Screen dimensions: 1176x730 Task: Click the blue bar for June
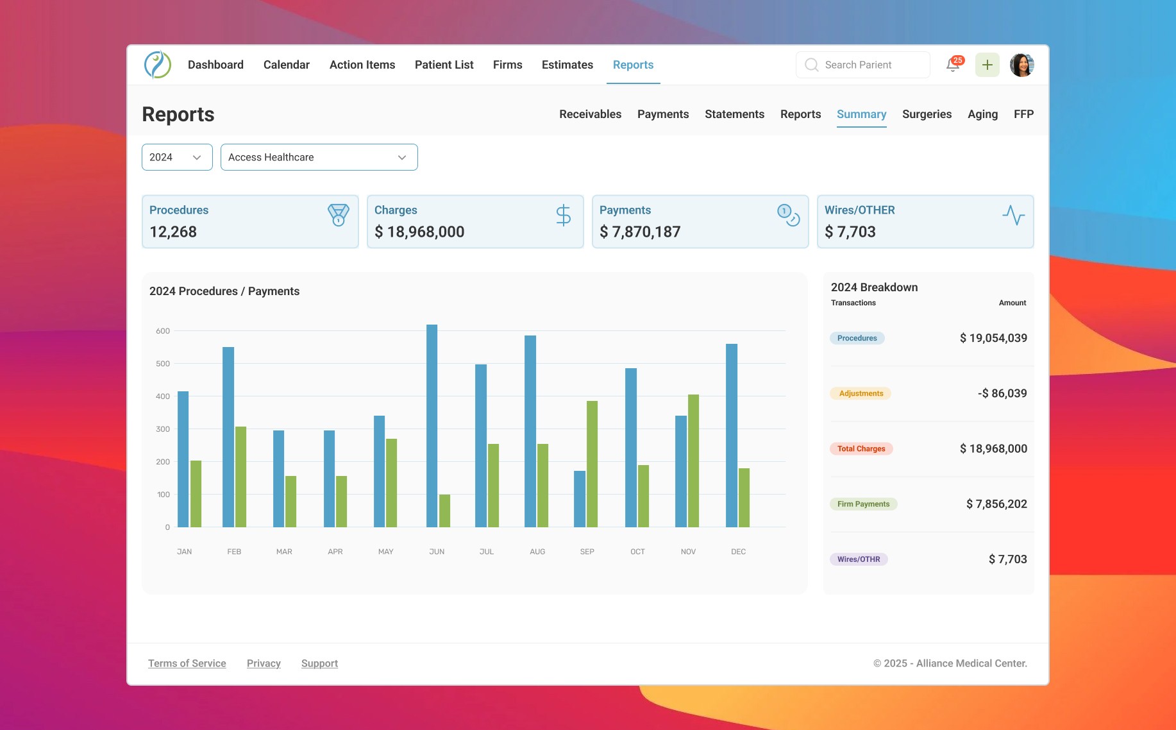coord(432,426)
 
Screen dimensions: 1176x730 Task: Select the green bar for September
coord(592,464)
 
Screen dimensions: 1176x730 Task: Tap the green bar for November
coord(693,461)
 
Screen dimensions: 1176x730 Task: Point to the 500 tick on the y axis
coord(163,364)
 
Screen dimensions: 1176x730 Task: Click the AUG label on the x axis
coord(537,552)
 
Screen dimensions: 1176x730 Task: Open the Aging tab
coord(982,114)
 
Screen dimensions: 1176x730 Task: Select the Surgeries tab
coord(927,114)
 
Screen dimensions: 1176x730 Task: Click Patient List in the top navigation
coord(444,65)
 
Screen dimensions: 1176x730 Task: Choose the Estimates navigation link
coord(567,65)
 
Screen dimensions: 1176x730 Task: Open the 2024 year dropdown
coord(177,157)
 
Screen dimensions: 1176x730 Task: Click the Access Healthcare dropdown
coord(319,157)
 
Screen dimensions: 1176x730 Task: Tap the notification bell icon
coord(953,65)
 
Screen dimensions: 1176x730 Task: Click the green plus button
coord(987,65)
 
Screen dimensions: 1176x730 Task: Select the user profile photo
coord(1022,65)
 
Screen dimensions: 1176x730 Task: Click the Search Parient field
coord(863,65)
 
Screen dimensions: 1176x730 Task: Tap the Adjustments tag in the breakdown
coord(861,393)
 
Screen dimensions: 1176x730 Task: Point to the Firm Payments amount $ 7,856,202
coord(996,504)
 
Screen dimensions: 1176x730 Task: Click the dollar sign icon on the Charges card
coord(563,216)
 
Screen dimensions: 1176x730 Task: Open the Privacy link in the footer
coord(264,663)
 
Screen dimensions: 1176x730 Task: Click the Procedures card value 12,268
coord(173,232)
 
